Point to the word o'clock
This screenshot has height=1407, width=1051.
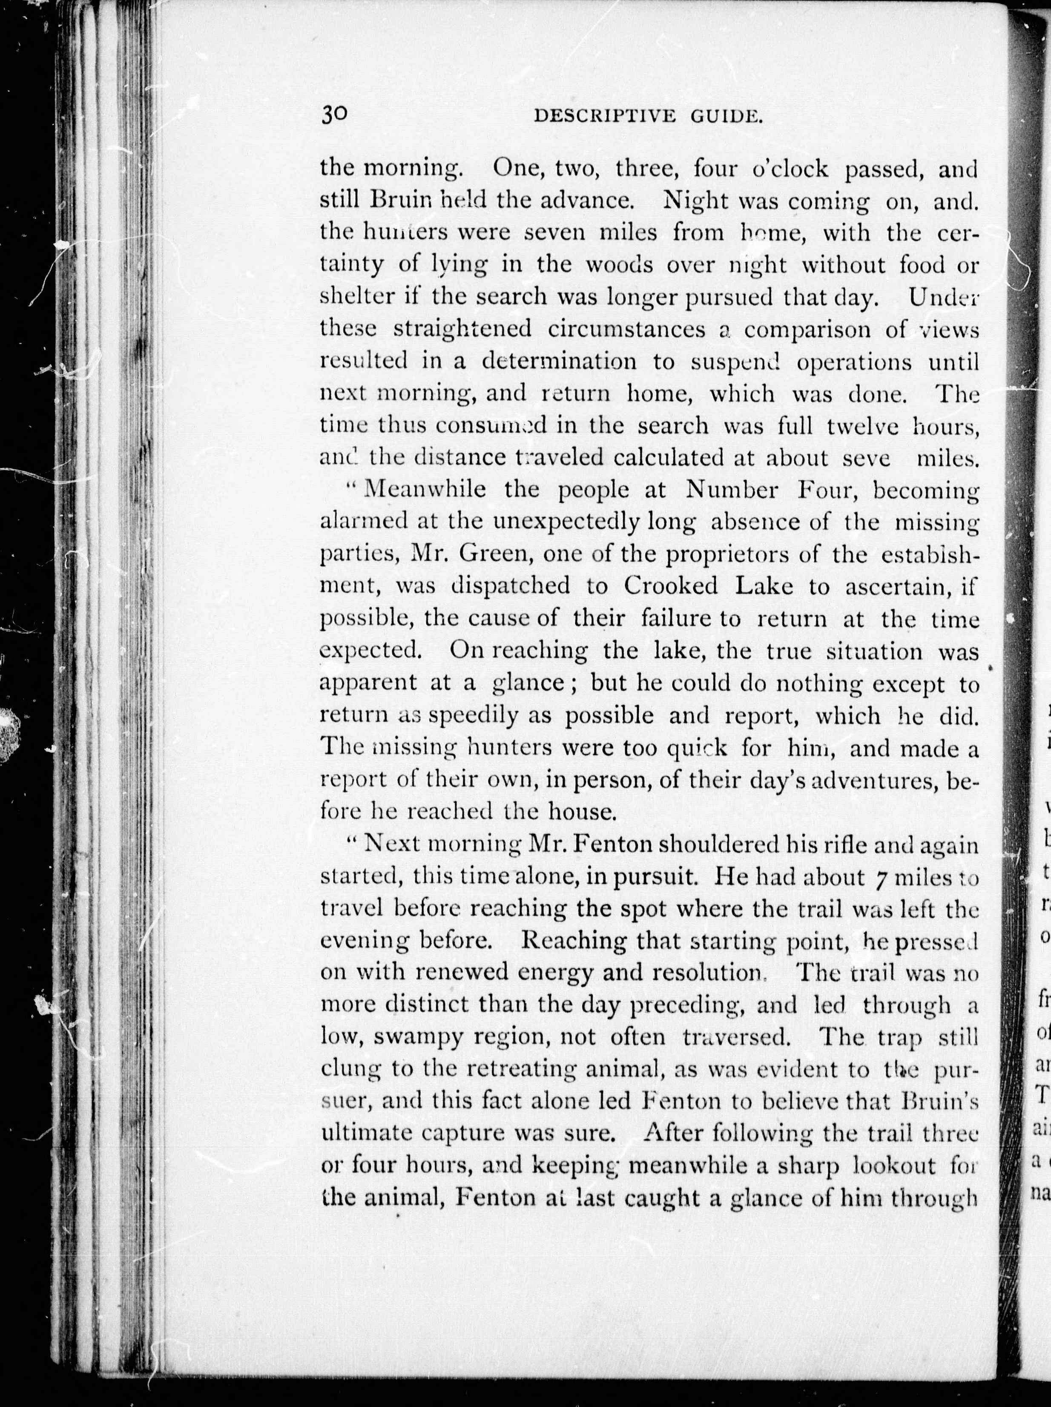791,169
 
